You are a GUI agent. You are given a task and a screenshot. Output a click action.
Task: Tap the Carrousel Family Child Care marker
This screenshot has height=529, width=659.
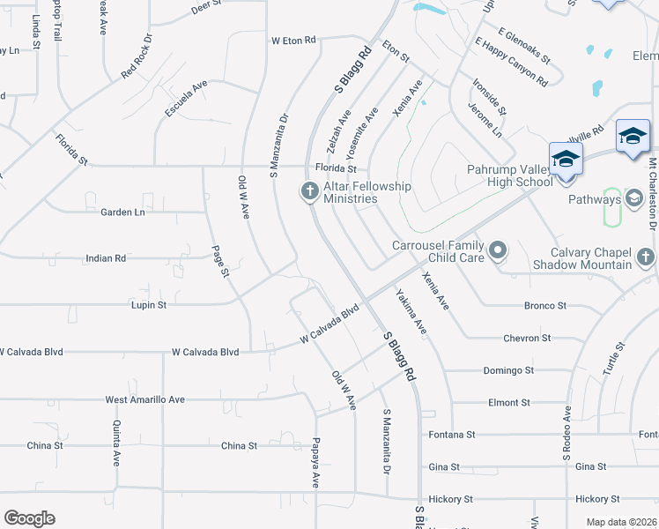point(498,251)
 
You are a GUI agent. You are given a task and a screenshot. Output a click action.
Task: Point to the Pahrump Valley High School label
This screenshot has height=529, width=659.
point(510,175)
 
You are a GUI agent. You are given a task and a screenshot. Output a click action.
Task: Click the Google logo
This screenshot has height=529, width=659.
point(29,518)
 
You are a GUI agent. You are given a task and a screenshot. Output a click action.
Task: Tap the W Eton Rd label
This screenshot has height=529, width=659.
point(293,41)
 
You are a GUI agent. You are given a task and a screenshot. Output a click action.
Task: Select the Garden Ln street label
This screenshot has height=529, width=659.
point(122,212)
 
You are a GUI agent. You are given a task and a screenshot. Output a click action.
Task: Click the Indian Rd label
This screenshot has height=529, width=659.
point(106,258)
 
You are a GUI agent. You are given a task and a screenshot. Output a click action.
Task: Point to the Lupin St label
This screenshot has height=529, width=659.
point(149,305)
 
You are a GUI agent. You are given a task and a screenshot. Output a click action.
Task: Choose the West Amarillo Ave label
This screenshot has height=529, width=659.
point(145,399)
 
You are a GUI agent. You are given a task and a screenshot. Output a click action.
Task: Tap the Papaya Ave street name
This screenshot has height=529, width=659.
point(315,463)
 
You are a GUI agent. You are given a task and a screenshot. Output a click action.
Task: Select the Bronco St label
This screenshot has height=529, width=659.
point(544,306)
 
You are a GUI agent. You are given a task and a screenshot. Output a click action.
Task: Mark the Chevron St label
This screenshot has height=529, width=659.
point(527,338)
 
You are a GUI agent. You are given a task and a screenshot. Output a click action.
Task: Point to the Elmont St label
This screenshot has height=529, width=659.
point(509,402)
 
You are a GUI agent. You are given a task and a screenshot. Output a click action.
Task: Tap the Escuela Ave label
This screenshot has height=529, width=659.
point(186,99)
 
